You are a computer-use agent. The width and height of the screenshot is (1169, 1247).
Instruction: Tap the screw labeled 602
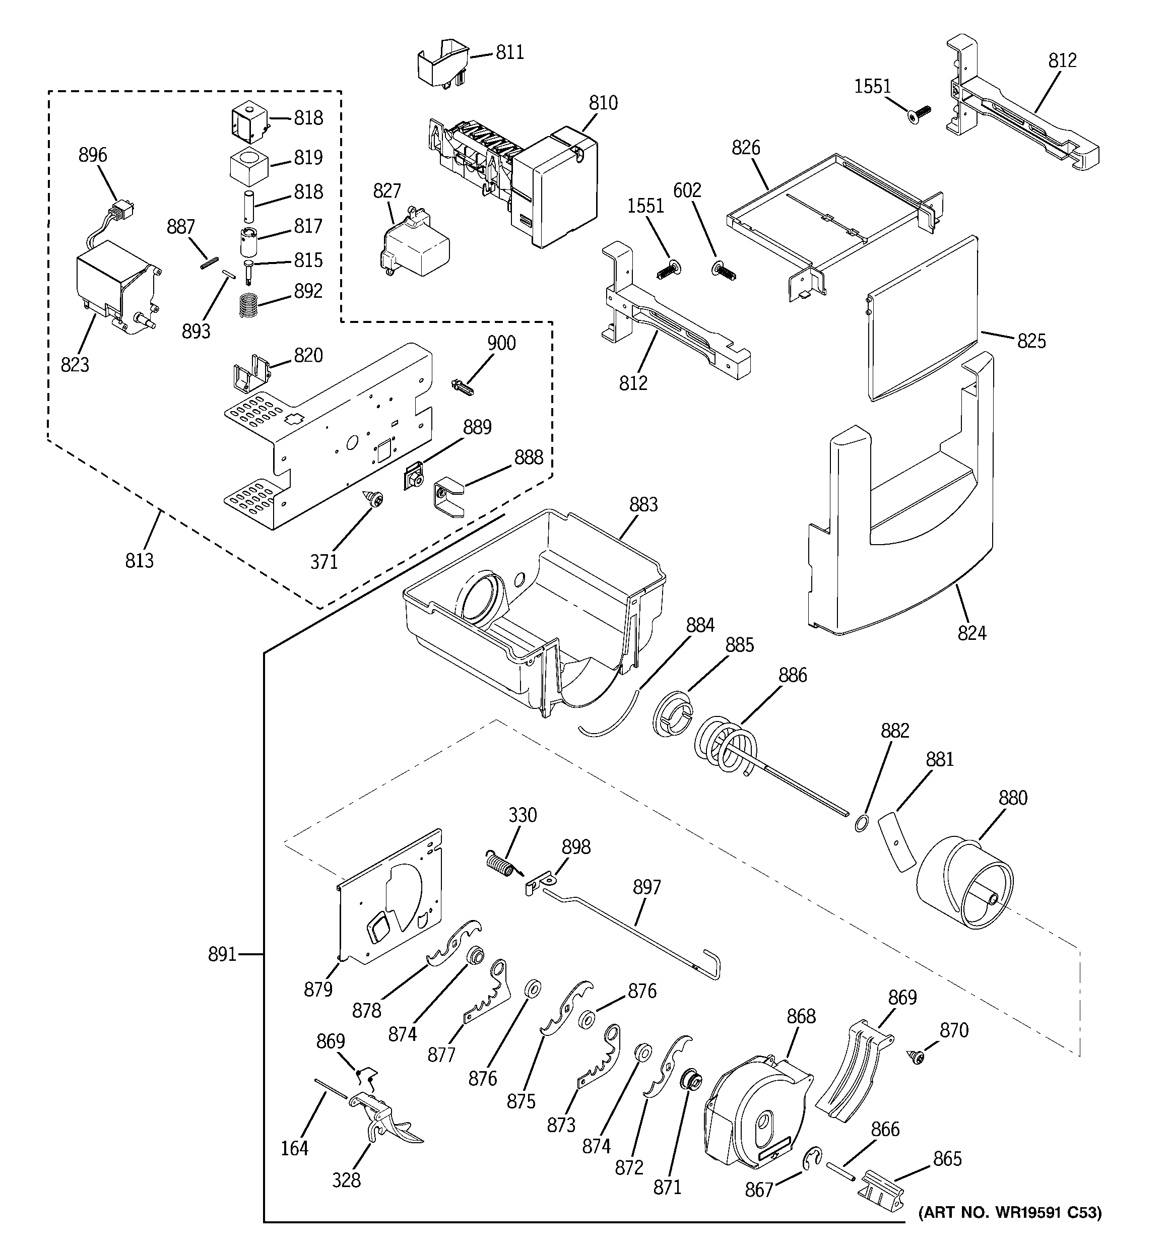pos(725,271)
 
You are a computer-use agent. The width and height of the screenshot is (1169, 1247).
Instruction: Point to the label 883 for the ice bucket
pos(643,504)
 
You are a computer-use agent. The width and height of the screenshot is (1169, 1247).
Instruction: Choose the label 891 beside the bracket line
pos(222,954)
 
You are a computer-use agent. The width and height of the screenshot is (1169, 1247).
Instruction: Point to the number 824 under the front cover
pos(971,633)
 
